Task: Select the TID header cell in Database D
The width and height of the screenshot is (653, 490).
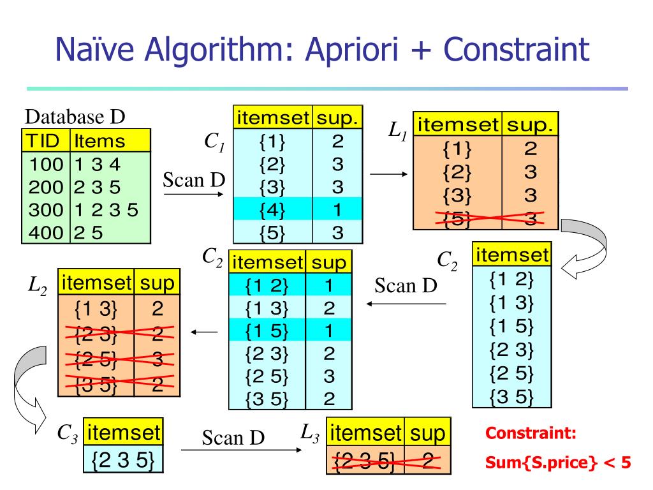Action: (45, 140)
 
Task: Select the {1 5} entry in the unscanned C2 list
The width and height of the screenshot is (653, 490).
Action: (511, 326)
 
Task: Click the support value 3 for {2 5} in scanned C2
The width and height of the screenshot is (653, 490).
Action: (329, 376)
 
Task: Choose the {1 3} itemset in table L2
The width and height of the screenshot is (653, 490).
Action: (96, 309)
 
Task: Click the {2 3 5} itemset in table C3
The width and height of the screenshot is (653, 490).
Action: (123, 460)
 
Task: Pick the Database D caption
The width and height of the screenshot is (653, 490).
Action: (75, 117)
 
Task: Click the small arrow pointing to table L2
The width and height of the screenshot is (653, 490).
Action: (204, 332)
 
